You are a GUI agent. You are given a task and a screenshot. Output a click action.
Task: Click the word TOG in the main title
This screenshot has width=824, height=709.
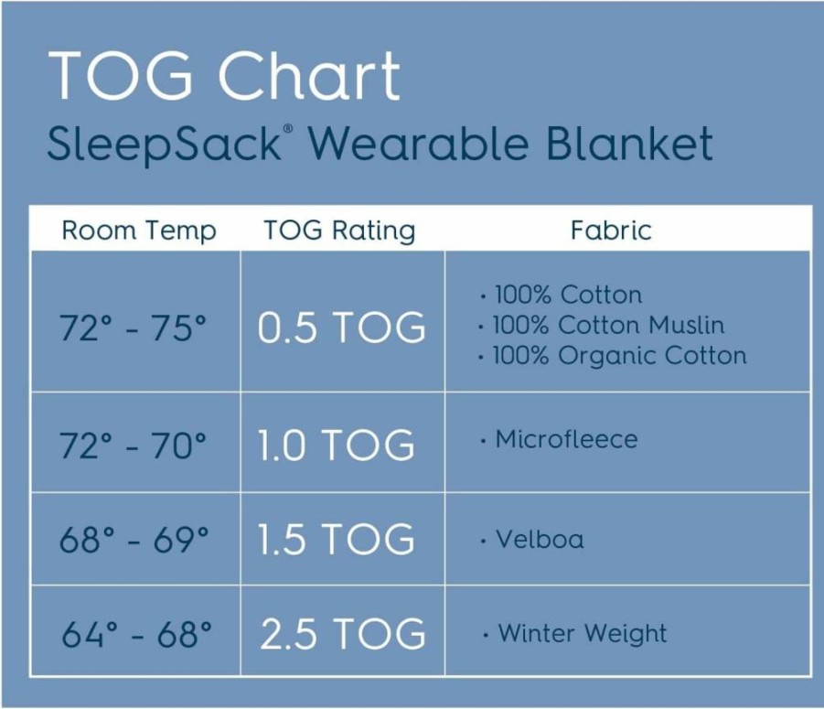click(121, 75)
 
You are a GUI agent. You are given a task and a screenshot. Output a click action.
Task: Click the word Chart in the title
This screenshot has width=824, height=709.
click(309, 75)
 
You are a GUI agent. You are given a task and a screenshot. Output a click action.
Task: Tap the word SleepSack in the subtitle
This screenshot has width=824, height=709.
click(165, 144)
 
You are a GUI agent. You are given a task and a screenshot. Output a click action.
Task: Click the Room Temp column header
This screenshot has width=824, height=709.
click(139, 231)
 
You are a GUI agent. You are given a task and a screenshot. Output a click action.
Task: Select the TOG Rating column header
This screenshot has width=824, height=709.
click(339, 231)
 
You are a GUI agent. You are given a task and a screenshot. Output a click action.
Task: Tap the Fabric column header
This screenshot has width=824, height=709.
click(611, 231)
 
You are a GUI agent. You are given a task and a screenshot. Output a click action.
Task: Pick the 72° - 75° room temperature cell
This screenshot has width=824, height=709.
click(133, 328)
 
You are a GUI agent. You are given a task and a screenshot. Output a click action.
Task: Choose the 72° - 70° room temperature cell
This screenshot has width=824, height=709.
click(133, 446)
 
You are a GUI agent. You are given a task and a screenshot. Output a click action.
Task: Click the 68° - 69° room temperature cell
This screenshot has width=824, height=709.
click(134, 539)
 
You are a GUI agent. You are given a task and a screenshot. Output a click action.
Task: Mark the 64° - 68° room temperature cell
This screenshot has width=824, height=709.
click(136, 633)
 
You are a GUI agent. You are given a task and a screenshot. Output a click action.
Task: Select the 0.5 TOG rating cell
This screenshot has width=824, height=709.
click(342, 328)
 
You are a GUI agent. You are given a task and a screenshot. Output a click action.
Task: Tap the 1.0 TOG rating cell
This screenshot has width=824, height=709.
click(337, 446)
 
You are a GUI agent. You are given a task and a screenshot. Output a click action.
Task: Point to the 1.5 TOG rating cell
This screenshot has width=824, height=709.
click(337, 539)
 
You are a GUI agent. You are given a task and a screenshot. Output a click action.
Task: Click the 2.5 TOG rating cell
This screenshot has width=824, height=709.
click(343, 633)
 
